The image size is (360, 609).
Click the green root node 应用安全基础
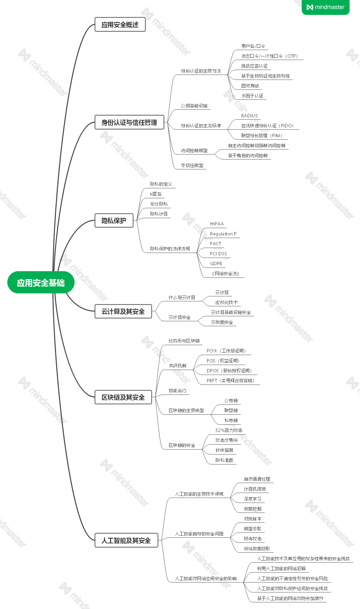(x=41, y=282)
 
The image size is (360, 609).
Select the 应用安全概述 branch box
(x=120, y=25)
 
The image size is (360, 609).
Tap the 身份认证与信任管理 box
(x=129, y=122)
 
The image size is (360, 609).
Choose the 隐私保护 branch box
(x=114, y=220)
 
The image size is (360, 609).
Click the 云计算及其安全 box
(x=123, y=311)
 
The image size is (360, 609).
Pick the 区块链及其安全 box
(x=123, y=397)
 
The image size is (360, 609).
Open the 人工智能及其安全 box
(x=126, y=540)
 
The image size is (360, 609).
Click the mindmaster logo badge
(x=326, y=7)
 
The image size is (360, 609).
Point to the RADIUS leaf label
(x=250, y=116)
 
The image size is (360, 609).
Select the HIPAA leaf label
(x=217, y=224)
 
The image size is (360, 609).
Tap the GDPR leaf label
(x=216, y=264)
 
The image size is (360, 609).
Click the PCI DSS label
(x=218, y=254)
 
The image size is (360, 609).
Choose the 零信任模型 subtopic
(x=192, y=165)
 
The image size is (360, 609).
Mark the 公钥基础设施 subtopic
(x=194, y=106)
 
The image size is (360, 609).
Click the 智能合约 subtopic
(x=177, y=391)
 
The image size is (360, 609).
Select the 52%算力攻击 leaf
(x=229, y=430)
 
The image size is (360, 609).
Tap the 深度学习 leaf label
(x=253, y=499)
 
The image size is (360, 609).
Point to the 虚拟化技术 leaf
(x=226, y=302)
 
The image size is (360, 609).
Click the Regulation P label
(x=223, y=234)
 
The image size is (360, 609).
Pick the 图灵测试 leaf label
(x=250, y=86)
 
